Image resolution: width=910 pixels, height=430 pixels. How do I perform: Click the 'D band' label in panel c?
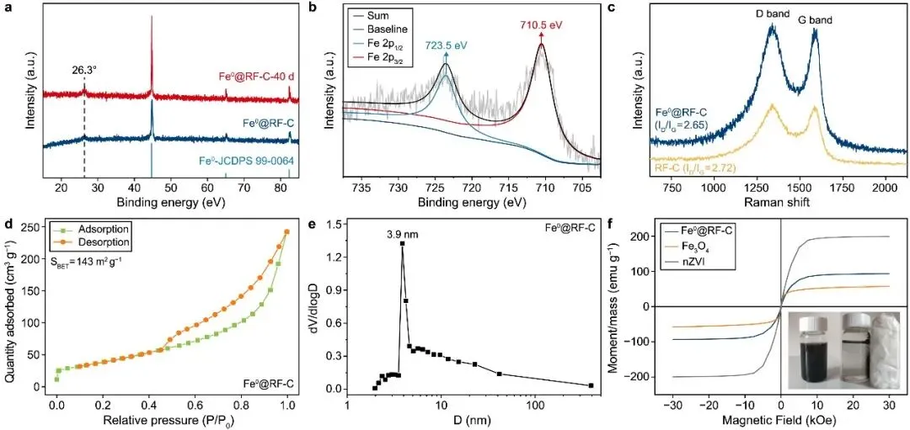[x=772, y=13]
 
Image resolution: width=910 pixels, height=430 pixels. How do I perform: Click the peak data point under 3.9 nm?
[x=403, y=243]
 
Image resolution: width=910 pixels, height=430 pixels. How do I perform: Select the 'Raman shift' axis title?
[x=780, y=201]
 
